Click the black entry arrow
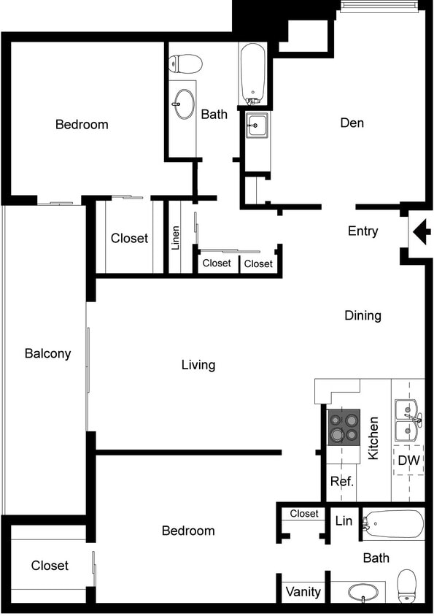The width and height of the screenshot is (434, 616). pos(422,233)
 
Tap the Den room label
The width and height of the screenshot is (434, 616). pos(352,123)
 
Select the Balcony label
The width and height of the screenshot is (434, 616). pos(47,353)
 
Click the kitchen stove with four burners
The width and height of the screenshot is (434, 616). pos(344,427)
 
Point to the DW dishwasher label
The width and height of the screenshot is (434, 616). pos(408,461)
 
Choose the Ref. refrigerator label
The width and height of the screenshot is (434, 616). pos(342,482)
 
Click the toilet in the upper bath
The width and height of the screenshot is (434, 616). pos(185,64)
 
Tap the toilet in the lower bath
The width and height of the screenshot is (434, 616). pos(407,586)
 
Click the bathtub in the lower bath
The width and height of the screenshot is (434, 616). pos(393,525)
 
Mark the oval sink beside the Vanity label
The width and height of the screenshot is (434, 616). pos(363,592)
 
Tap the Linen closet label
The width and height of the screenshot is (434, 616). pos(176,238)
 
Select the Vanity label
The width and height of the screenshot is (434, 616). pos(303,591)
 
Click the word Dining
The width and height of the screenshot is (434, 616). pos(363,315)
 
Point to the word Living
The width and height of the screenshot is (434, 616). pos(198,364)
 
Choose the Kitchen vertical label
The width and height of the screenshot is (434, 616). pos(373,438)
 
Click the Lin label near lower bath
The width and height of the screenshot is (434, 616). pos(344,521)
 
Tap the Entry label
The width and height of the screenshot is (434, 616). pos(363,231)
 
